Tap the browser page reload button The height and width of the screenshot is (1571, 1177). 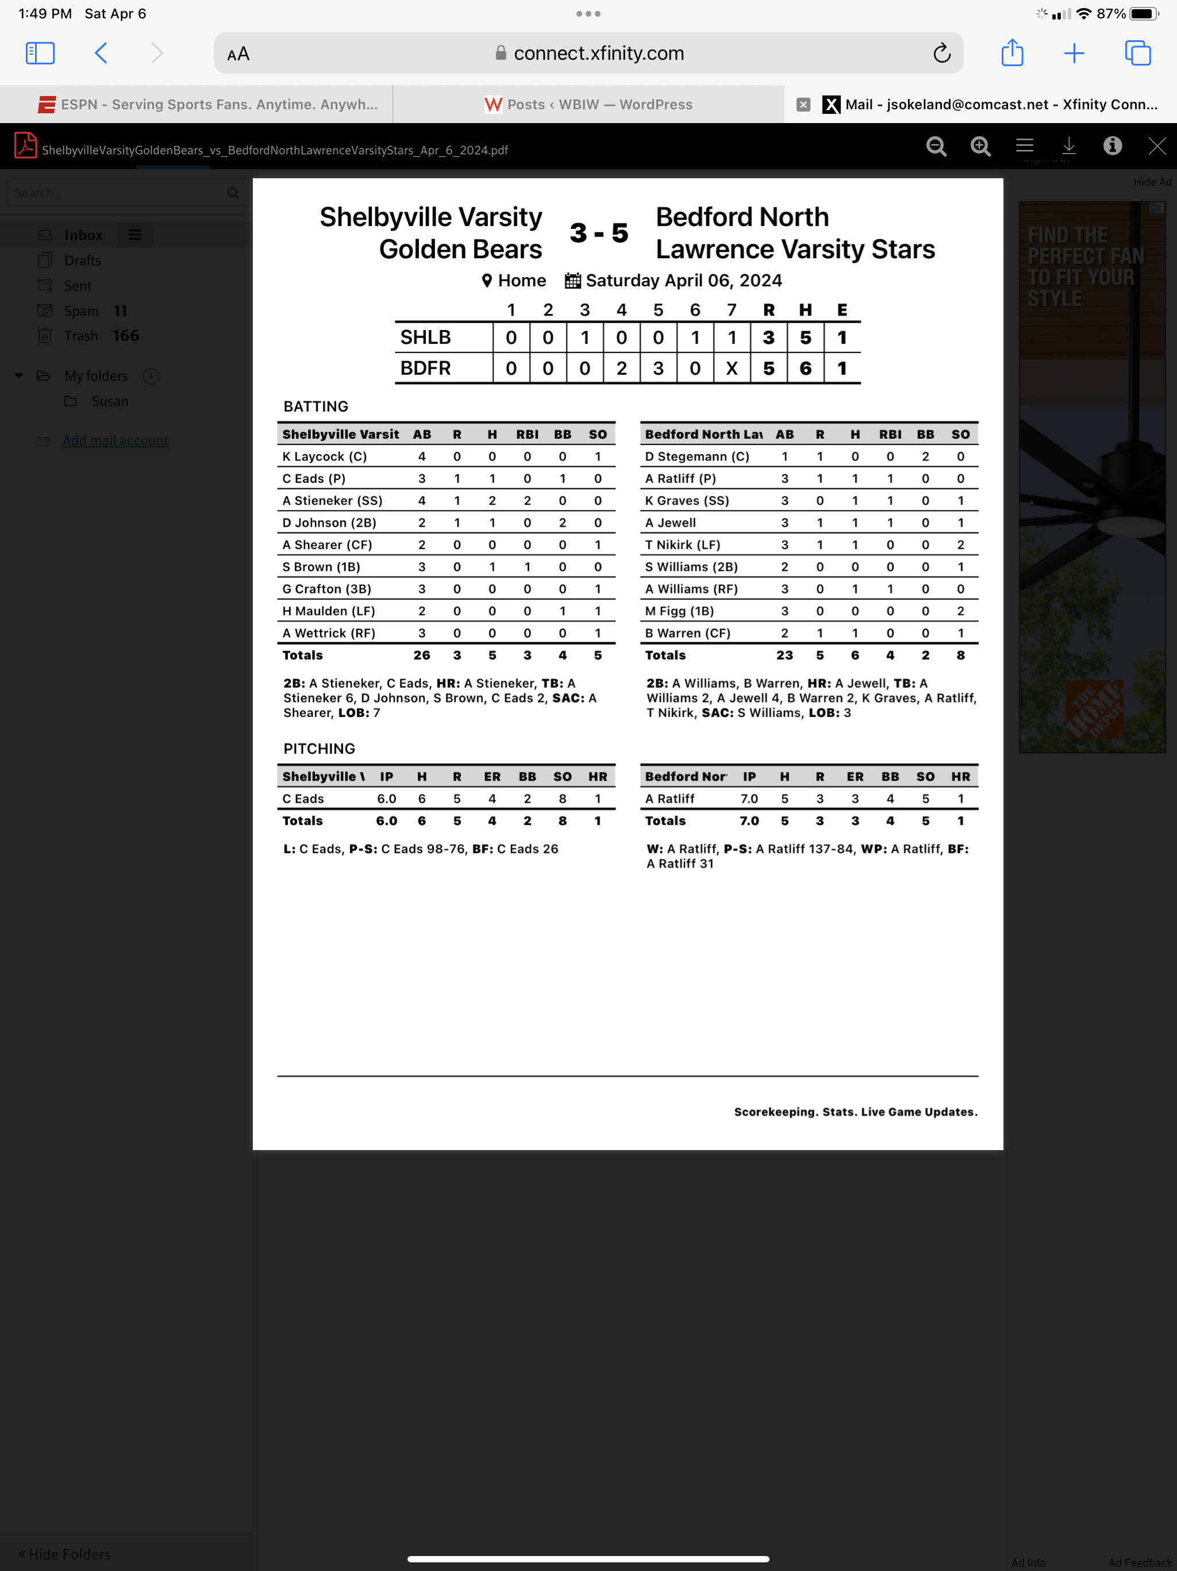click(941, 53)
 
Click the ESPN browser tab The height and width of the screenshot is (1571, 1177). click(207, 105)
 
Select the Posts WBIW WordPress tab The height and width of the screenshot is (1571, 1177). click(588, 105)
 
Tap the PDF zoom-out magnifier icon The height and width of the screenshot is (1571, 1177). click(936, 146)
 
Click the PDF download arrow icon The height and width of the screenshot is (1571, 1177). click(1068, 146)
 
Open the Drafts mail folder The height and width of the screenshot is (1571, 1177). click(82, 260)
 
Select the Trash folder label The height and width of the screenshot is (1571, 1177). click(81, 336)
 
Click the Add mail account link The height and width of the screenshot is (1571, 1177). click(115, 440)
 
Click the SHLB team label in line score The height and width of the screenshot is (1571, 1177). click(425, 338)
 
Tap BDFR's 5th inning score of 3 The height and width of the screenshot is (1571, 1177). click(658, 369)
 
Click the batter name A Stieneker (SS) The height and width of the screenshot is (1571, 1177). click(332, 501)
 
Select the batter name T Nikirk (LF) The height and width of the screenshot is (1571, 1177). click(682, 545)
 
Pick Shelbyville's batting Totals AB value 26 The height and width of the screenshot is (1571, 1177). click(422, 656)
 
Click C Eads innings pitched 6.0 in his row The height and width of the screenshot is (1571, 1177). click(386, 799)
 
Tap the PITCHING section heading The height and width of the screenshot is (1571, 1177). click(319, 749)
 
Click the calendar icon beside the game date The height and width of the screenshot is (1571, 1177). click(572, 281)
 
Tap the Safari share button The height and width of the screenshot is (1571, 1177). click(1011, 53)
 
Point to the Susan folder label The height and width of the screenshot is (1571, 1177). click(109, 401)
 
